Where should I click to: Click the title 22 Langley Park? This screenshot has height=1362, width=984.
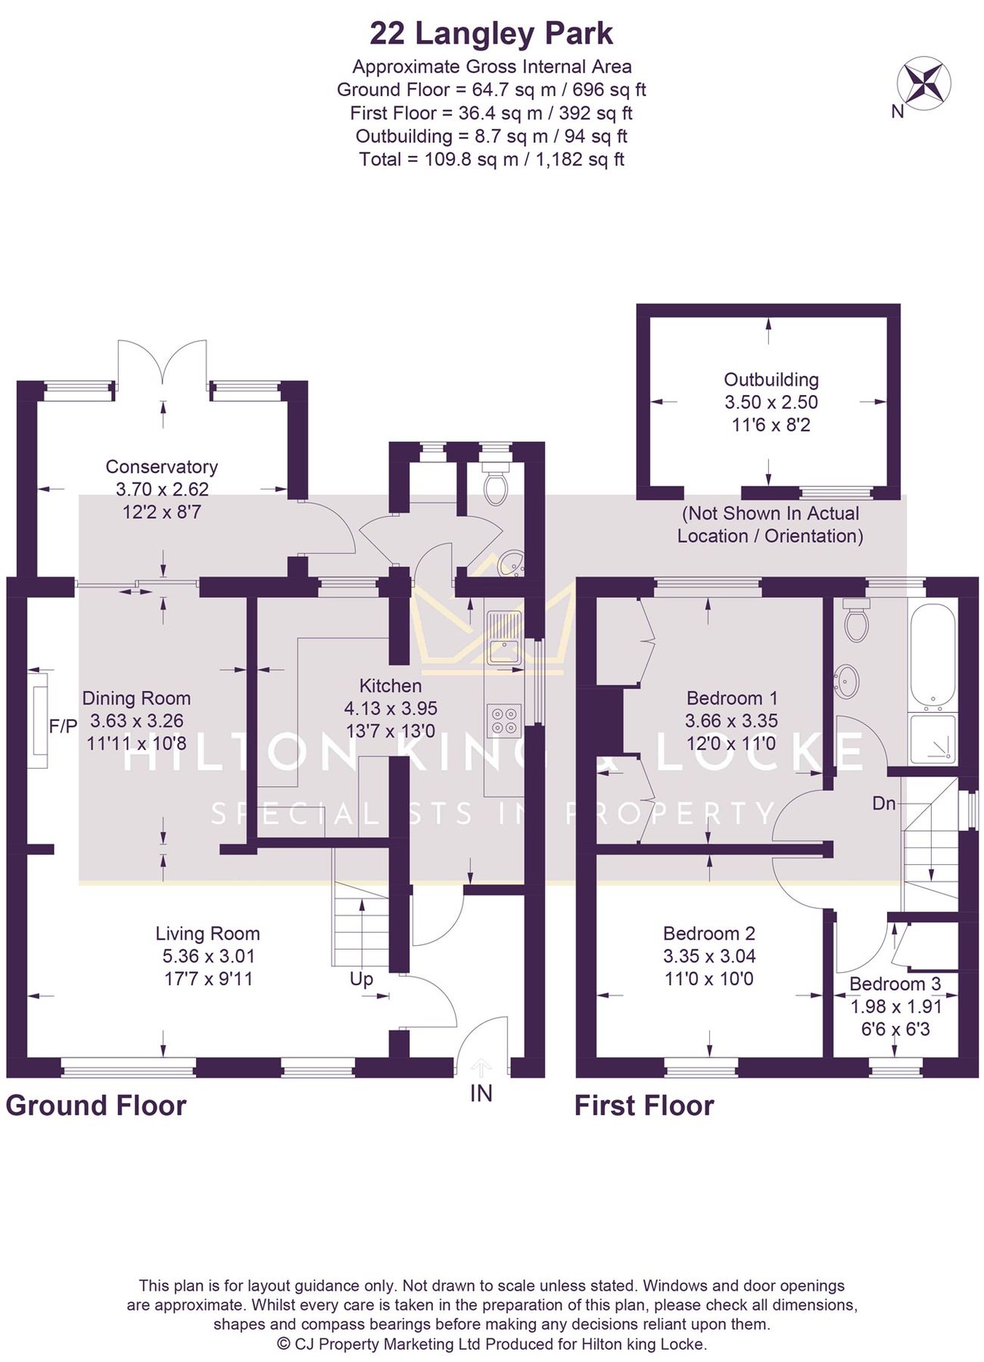pyautogui.click(x=491, y=34)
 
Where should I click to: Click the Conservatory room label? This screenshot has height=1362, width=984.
pyautogui.click(x=161, y=467)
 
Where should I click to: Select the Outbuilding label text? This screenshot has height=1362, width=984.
pyautogui.click(x=771, y=380)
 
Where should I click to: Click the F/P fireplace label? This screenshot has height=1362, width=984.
pyautogui.click(x=63, y=726)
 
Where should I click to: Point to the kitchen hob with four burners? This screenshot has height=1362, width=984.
pyautogui.click(x=504, y=720)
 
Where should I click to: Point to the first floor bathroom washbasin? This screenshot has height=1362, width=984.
pyautogui.click(x=846, y=681)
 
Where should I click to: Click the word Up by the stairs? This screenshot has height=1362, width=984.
pyautogui.click(x=361, y=978)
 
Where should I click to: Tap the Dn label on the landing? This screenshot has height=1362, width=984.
pyautogui.click(x=883, y=803)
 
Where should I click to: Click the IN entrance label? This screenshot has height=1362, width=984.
pyautogui.click(x=481, y=1093)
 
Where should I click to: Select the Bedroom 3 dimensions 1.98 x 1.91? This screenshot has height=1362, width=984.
pyautogui.click(x=895, y=1007)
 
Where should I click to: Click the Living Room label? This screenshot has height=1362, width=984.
pyautogui.click(x=207, y=934)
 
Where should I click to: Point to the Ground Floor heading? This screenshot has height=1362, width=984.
pyautogui.click(x=96, y=1105)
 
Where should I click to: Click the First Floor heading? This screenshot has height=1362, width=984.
pyautogui.click(x=644, y=1105)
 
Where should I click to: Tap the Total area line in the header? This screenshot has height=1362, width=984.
pyautogui.click(x=491, y=160)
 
